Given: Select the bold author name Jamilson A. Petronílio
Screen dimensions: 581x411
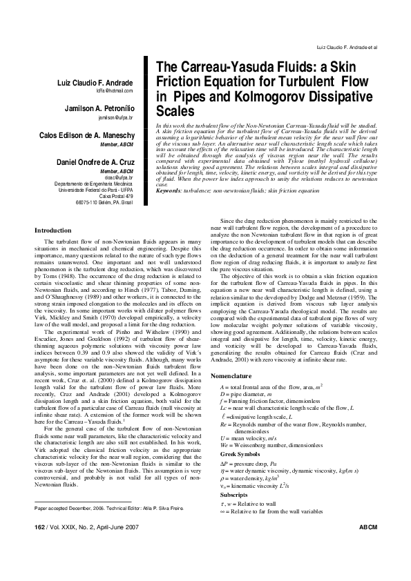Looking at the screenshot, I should (90, 109).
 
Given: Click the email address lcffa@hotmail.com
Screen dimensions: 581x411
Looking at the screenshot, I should (115, 91).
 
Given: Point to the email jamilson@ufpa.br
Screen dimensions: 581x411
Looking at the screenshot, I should (115, 118).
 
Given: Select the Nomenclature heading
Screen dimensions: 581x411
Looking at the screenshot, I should (231, 375).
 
